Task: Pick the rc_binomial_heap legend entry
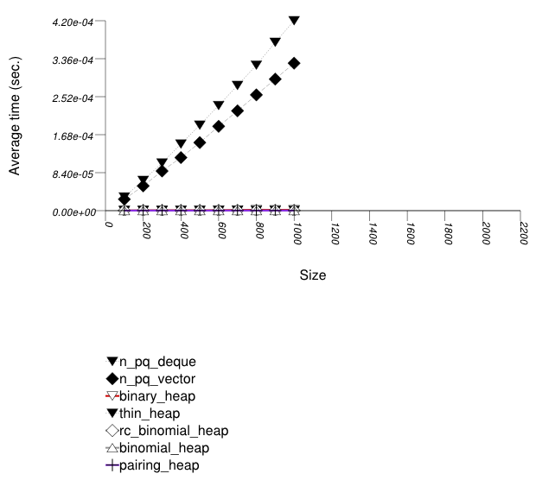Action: coord(166,431)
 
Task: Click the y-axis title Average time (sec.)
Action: coord(16,116)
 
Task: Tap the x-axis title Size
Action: coord(313,275)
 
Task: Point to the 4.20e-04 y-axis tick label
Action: coord(75,21)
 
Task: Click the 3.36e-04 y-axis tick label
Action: coord(75,59)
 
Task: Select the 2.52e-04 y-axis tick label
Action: coord(75,98)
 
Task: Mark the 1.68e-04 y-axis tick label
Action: coord(75,136)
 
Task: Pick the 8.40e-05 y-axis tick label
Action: coord(75,174)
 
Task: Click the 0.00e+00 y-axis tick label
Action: coord(75,212)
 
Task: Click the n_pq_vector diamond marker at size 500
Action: coord(200,142)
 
